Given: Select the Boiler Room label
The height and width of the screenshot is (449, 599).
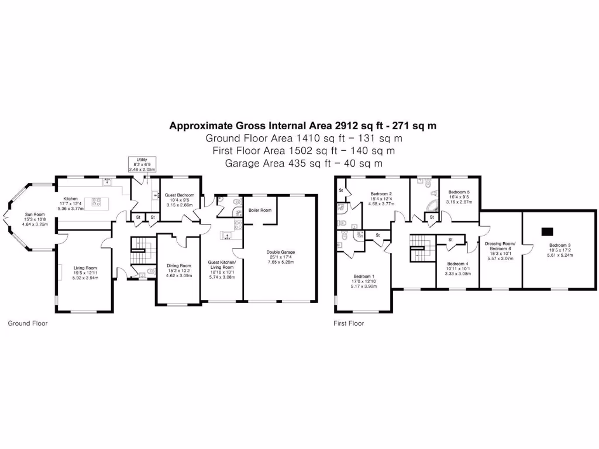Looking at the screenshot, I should [260, 210].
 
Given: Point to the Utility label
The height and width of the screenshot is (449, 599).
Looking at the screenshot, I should [142, 160].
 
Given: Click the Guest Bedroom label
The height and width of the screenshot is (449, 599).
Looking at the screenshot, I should [179, 195].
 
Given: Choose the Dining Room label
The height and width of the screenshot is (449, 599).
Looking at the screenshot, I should [178, 265].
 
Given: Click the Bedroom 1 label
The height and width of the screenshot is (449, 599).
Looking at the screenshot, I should [364, 277].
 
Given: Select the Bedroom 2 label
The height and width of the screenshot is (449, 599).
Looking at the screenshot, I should [381, 194].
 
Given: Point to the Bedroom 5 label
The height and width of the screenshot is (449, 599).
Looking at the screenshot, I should [459, 192].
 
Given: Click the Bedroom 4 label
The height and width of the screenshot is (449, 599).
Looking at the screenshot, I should [457, 264].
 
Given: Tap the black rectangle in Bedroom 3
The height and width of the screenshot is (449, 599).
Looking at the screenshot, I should [548, 230].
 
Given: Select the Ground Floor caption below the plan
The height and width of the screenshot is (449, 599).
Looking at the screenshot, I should [27, 323].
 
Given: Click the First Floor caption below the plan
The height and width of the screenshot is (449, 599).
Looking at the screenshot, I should [349, 323].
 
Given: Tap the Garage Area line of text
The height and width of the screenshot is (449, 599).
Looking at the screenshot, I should [304, 163].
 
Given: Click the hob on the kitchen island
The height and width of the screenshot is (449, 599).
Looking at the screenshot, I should [96, 203].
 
